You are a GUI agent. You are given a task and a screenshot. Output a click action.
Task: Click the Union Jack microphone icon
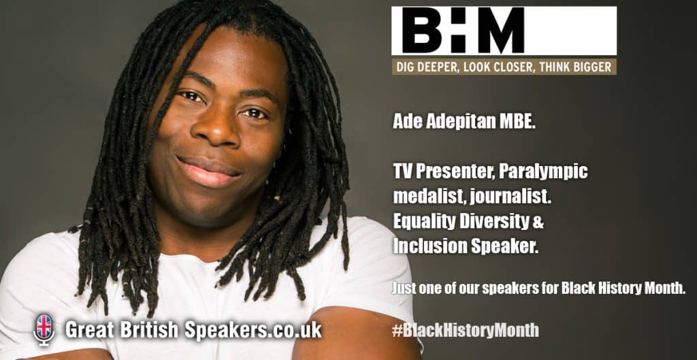coord(44,330)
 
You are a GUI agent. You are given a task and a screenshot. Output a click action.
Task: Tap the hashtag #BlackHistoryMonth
coord(466,330)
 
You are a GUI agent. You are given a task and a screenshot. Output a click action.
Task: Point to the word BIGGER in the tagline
coord(594,67)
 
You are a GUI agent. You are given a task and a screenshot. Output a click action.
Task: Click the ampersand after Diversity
coord(538,223)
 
